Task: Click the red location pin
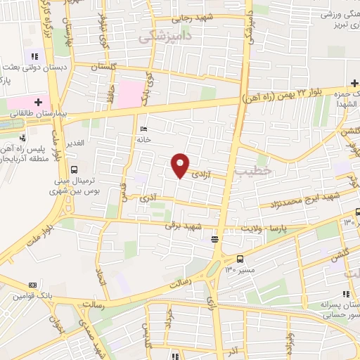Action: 181,165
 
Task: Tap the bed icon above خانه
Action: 144,129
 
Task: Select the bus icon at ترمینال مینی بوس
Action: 74,169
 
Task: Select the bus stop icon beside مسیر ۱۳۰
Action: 240,258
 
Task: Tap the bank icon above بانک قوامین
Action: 32,285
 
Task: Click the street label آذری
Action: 148,200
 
